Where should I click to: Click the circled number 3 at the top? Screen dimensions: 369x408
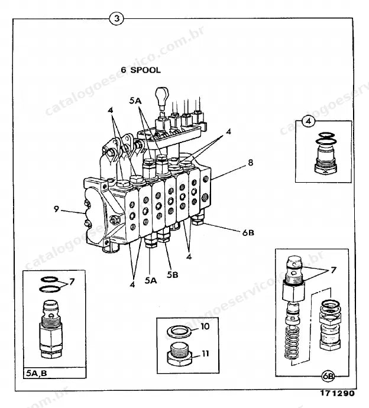coord(116,18)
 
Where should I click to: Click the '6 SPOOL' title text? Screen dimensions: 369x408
coord(141,70)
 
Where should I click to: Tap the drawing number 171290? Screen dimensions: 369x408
coord(337,393)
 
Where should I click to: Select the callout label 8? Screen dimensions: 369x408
coord(250,163)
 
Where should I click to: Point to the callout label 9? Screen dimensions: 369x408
coord(56,209)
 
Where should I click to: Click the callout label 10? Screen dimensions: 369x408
coord(205,326)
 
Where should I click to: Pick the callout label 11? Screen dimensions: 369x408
coord(205,354)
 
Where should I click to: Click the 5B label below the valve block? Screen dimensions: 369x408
coord(173,274)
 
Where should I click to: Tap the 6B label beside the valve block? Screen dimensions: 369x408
coord(248,232)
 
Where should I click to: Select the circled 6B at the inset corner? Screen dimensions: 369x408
coord(328,376)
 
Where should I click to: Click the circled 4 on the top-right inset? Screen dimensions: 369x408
coord(309,121)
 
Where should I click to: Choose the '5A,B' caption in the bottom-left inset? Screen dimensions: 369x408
coord(37,373)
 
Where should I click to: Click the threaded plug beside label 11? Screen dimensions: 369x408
coord(179,355)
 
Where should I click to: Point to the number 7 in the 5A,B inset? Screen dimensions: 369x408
coord(72,281)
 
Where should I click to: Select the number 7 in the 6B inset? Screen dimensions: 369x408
coord(334,270)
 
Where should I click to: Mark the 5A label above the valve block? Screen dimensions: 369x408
coord(135,101)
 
